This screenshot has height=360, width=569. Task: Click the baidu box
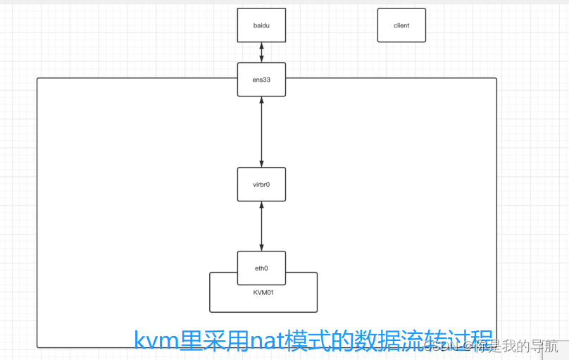tap(261, 25)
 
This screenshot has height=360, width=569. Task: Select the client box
tap(401, 25)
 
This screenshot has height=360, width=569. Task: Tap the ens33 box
tap(261, 80)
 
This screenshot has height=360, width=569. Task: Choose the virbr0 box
tap(261, 184)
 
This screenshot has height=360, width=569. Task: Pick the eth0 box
tap(261, 268)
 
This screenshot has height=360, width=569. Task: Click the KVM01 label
tap(263, 292)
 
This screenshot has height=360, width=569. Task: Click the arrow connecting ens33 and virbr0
tap(261, 132)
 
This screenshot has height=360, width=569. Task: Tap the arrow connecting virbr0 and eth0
tap(261, 225)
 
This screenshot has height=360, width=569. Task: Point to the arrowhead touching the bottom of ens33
tap(261, 102)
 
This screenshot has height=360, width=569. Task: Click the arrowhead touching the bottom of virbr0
tap(261, 205)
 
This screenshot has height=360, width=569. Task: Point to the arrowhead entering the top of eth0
tap(261, 247)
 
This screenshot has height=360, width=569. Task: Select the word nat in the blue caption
tap(261, 342)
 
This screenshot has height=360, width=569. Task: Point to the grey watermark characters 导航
tap(544, 346)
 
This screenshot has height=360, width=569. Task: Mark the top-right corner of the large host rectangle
tap(496, 79)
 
